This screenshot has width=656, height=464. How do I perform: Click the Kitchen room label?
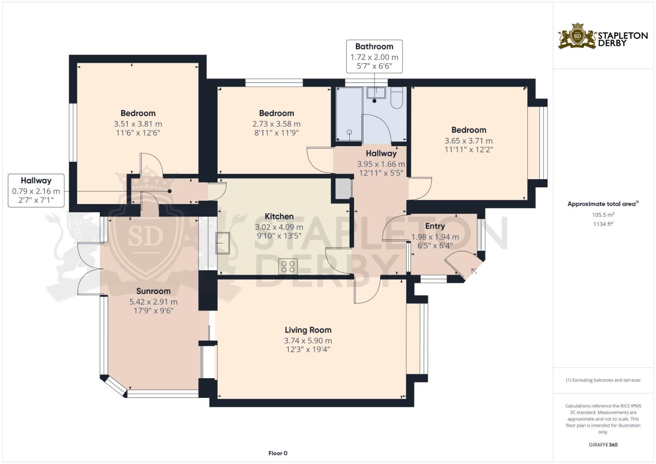[x=279, y=217]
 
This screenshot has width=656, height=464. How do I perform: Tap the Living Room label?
[x=308, y=330]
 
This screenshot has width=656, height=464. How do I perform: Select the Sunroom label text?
[x=153, y=291]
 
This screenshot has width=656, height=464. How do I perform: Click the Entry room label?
[x=435, y=226]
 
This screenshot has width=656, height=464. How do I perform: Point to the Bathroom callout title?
[x=374, y=46]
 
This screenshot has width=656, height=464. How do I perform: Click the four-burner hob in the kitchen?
[x=288, y=266]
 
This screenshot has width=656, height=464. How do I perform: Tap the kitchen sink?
[x=223, y=243]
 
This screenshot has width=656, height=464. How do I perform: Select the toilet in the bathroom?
[x=397, y=98]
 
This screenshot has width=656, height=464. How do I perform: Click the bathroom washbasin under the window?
[x=376, y=92]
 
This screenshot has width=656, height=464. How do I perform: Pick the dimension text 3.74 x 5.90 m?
[x=308, y=341]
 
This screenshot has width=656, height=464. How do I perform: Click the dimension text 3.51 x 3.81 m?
[x=138, y=124]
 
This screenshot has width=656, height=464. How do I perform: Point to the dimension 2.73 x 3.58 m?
[x=277, y=124]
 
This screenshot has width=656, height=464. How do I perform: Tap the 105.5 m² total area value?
[x=603, y=215]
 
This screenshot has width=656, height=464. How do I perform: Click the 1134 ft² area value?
[x=603, y=224]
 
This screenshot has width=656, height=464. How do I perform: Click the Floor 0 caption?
[x=278, y=453]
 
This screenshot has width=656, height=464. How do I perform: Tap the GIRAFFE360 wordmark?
[x=603, y=445]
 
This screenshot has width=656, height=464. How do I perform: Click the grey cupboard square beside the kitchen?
[x=343, y=188]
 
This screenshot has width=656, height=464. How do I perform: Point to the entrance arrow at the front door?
[x=473, y=272]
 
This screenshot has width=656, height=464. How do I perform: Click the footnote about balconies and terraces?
[x=603, y=380]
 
